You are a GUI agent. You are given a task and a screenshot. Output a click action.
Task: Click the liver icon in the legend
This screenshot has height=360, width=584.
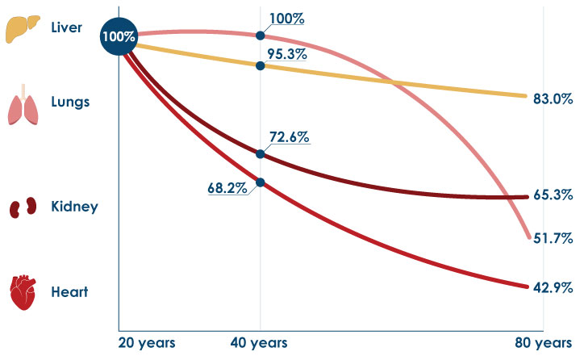23,29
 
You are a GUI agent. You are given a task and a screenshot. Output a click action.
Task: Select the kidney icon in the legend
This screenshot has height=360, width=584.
23,207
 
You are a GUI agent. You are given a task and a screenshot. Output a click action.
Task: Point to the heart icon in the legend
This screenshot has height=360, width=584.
23,293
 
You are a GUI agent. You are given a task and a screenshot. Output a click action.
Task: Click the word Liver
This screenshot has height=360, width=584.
66,27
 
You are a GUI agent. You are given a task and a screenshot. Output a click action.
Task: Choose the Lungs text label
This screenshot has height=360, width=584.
70,103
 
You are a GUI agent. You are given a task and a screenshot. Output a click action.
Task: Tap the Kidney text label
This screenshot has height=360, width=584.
74,207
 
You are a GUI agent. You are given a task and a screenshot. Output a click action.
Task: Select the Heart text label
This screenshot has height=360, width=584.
69,292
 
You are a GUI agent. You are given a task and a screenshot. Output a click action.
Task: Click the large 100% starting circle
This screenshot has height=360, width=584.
119,36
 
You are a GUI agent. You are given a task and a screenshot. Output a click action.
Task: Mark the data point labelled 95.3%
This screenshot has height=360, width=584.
261,66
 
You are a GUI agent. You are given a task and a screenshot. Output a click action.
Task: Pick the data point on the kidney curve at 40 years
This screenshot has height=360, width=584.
261,154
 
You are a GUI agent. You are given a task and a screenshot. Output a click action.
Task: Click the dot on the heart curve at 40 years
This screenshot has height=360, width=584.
261,182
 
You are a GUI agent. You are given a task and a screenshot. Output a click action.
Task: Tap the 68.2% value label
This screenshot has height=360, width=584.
227,188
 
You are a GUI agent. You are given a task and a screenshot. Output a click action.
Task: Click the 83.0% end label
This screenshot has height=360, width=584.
553,98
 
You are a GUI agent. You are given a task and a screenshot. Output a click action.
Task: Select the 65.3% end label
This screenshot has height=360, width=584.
553,195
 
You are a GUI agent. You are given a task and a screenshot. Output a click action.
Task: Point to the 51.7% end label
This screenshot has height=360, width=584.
553,238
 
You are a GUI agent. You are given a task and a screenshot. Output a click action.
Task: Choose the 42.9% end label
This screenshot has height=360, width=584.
553,287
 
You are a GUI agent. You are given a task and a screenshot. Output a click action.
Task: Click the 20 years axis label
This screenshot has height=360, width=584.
147,343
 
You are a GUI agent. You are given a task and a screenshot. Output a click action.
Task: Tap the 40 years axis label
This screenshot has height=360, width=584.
259,343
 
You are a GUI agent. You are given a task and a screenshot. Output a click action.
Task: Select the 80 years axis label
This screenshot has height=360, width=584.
544,343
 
